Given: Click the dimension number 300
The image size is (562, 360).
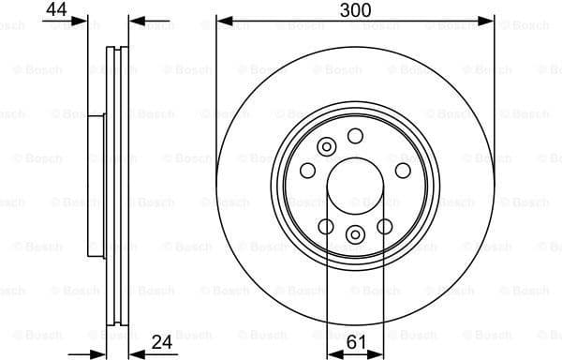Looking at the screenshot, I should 355,10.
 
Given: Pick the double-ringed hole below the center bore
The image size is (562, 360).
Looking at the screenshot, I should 355,234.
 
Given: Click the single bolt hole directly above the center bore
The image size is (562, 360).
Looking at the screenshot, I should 355,136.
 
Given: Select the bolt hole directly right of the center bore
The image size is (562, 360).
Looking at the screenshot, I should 403,170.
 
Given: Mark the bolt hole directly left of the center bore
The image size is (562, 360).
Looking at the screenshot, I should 307,170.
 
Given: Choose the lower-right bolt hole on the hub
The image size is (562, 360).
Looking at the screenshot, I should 385,225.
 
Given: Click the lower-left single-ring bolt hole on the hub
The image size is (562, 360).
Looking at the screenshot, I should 326,225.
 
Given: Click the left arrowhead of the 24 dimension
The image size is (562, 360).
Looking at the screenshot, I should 101,353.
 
